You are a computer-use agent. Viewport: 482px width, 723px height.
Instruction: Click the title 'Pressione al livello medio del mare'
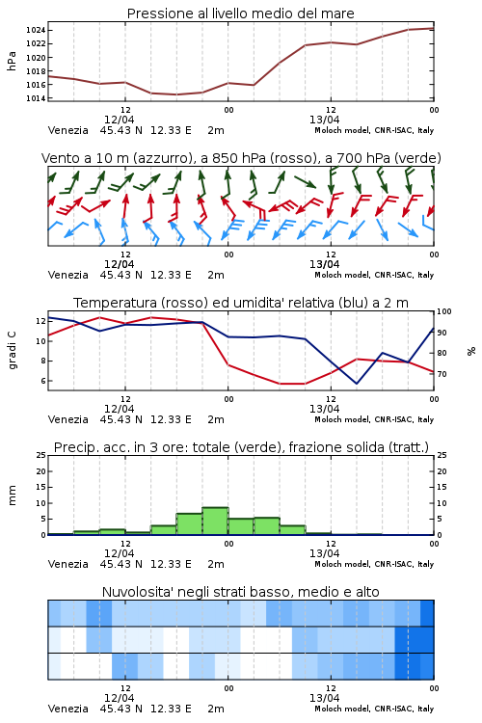pyautogui.click(x=240, y=13)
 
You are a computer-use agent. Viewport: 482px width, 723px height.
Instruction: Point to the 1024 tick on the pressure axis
pyautogui.click(x=35, y=31)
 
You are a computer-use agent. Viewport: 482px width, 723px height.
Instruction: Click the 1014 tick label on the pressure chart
pyautogui.click(x=35, y=98)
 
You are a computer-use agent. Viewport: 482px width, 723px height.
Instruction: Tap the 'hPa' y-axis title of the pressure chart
pyautogui.click(x=12, y=61)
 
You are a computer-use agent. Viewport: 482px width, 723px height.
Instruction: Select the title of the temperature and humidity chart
pyautogui.click(x=241, y=303)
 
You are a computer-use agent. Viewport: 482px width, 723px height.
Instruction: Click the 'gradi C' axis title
pyautogui.click(x=12, y=350)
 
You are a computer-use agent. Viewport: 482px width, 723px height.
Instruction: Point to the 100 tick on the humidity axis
pyautogui.click(x=444, y=311)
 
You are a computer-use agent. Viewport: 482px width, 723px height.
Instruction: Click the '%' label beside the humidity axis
pyautogui.click(x=471, y=351)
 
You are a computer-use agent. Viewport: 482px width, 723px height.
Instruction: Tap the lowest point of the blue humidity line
pyautogui.click(x=357, y=383)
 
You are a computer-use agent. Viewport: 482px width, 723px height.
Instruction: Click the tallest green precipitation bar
pyautogui.click(x=215, y=521)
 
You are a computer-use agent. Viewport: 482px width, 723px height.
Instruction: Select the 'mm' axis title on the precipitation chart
pyautogui.click(x=12, y=495)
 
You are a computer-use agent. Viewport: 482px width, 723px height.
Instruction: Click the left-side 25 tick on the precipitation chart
pyautogui.click(x=41, y=455)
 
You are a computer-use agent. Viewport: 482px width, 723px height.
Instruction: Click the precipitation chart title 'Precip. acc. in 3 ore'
pyautogui.click(x=119, y=447)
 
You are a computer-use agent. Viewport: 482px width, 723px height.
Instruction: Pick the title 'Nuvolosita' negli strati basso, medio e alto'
pyautogui.click(x=240, y=592)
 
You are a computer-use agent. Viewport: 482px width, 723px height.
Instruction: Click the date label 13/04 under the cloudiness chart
pyautogui.click(x=324, y=698)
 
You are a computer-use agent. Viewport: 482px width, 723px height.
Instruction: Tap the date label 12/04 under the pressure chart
pyautogui.click(x=119, y=120)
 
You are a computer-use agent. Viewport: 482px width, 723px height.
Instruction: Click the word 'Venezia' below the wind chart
pyautogui.click(x=67, y=275)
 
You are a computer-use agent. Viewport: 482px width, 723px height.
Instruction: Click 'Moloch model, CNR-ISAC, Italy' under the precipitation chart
pyautogui.click(x=374, y=564)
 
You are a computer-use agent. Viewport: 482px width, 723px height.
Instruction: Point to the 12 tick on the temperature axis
pyautogui.click(x=40, y=321)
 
